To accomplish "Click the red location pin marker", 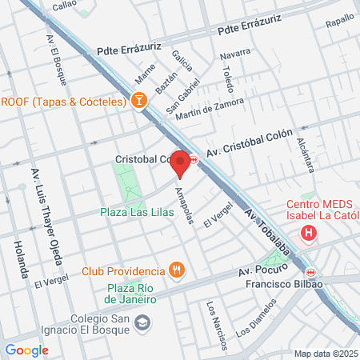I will (181, 163).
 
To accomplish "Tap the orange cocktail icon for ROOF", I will (138, 102).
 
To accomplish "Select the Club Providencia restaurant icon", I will (177, 270).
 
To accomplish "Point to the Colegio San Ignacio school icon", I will (142, 322).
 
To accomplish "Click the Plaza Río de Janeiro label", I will (129, 294).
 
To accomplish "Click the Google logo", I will (26, 350).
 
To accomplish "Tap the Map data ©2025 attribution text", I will (325, 354).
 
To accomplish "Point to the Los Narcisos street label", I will (214, 325).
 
